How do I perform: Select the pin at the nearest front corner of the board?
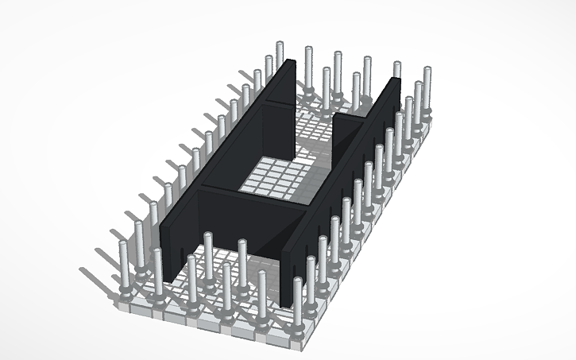tap(298, 302)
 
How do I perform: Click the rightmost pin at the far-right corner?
tap(427, 87)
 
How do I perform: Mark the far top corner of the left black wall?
tap(290, 63)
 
